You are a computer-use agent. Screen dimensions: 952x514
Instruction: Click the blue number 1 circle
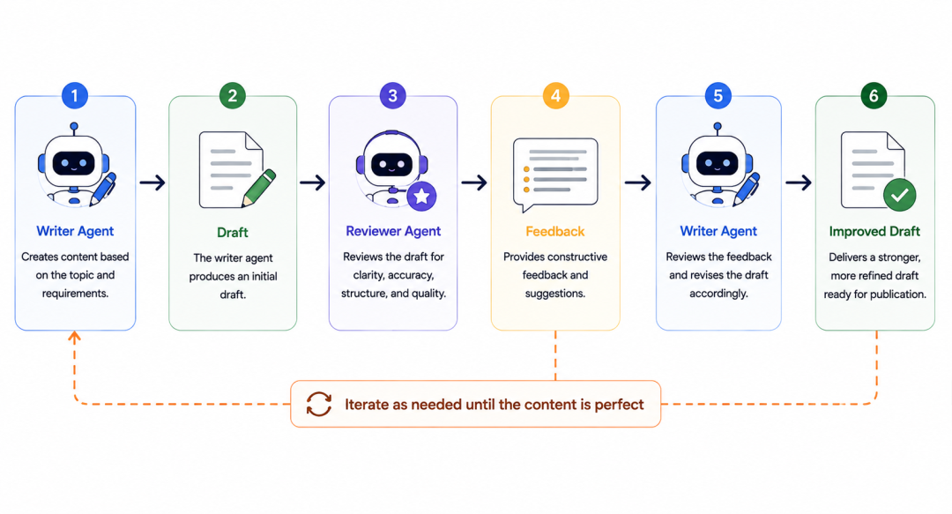point(75,95)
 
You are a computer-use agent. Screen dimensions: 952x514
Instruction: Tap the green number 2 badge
point(233,95)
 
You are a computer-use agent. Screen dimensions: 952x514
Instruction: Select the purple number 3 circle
point(393,95)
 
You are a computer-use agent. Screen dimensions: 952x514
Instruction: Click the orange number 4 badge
point(555,95)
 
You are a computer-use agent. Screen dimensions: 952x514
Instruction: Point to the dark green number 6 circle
point(874,95)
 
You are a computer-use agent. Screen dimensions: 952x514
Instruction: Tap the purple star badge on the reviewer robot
point(422,197)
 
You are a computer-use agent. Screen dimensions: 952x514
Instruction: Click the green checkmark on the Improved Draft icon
point(900,195)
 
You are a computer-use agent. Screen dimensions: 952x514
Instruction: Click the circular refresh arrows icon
point(319,404)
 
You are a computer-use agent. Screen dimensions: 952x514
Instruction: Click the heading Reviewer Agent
point(393,231)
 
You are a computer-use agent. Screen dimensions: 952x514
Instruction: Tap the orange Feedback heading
point(555,232)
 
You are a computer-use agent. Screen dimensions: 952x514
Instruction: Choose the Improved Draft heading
point(874,232)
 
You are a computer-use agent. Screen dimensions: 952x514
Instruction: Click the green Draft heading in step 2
point(233,232)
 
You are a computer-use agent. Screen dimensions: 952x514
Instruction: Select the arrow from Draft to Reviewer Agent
point(313,183)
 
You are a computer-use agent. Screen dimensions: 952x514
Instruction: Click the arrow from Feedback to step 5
point(638,183)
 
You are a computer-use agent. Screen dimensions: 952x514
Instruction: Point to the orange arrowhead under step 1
point(74,336)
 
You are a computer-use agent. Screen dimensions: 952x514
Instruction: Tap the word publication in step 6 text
point(896,294)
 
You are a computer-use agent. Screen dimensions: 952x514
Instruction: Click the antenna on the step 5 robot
point(718,130)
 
